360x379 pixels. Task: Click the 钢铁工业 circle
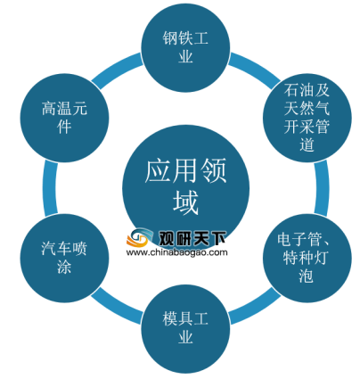(x=185, y=47)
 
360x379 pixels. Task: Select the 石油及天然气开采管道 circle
(x=307, y=118)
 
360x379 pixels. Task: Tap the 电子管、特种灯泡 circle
(x=307, y=258)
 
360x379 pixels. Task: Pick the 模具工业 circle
(x=185, y=328)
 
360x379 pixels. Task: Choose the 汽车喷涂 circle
(x=64, y=258)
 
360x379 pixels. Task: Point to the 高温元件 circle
(x=64, y=118)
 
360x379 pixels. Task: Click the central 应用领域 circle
(x=185, y=188)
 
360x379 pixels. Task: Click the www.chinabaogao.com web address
(x=177, y=252)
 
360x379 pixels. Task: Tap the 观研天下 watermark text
(x=192, y=237)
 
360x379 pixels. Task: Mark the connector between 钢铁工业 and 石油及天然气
(x=254, y=70)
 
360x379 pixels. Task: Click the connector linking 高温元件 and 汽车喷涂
(x=50, y=188)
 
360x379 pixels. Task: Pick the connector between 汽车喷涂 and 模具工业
(x=117, y=306)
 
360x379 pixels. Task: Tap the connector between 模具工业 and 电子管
(x=254, y=306)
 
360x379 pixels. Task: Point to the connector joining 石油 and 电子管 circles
(x=322, y=188)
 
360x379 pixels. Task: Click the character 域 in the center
(x=185, y=203)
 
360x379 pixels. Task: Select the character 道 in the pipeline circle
(x=307, y=145)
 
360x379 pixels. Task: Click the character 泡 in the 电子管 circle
(x=307, y=276)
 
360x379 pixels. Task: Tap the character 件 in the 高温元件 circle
(x=64, y=127)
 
